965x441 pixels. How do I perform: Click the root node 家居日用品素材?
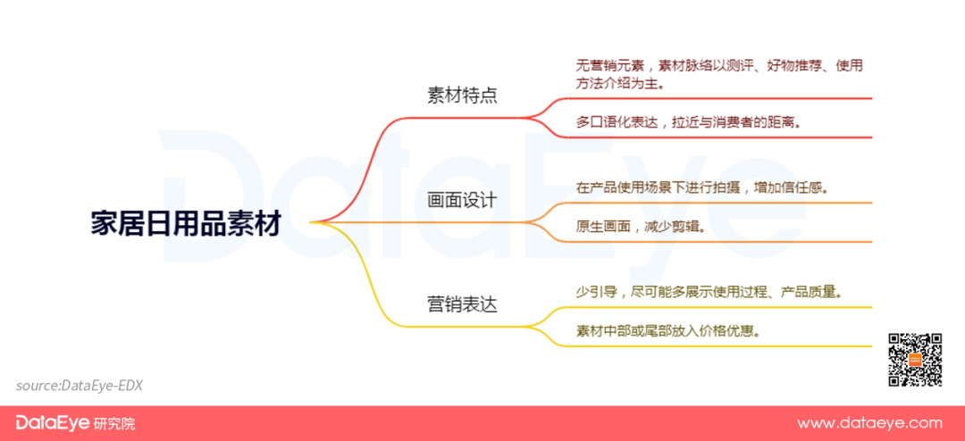click(x=186, y=224)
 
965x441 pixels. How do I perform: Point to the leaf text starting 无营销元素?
click(x=719, y=74)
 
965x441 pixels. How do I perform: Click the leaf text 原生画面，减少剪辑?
click(x=641, y=226)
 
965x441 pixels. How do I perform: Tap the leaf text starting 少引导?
click(x=709, y=292)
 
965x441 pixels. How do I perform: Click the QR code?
click(x=915, y=360)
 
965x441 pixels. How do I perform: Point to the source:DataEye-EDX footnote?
click(x=80, y=386)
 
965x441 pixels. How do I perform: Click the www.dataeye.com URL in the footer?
click(x=869, y=423)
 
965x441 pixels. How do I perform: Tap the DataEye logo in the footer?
click(x=53, y=423)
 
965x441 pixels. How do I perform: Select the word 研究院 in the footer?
click(x=114, y=424)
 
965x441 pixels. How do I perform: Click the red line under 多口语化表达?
click(x=714, y=137)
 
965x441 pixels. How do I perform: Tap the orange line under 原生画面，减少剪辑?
click(x=714, y=242)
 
